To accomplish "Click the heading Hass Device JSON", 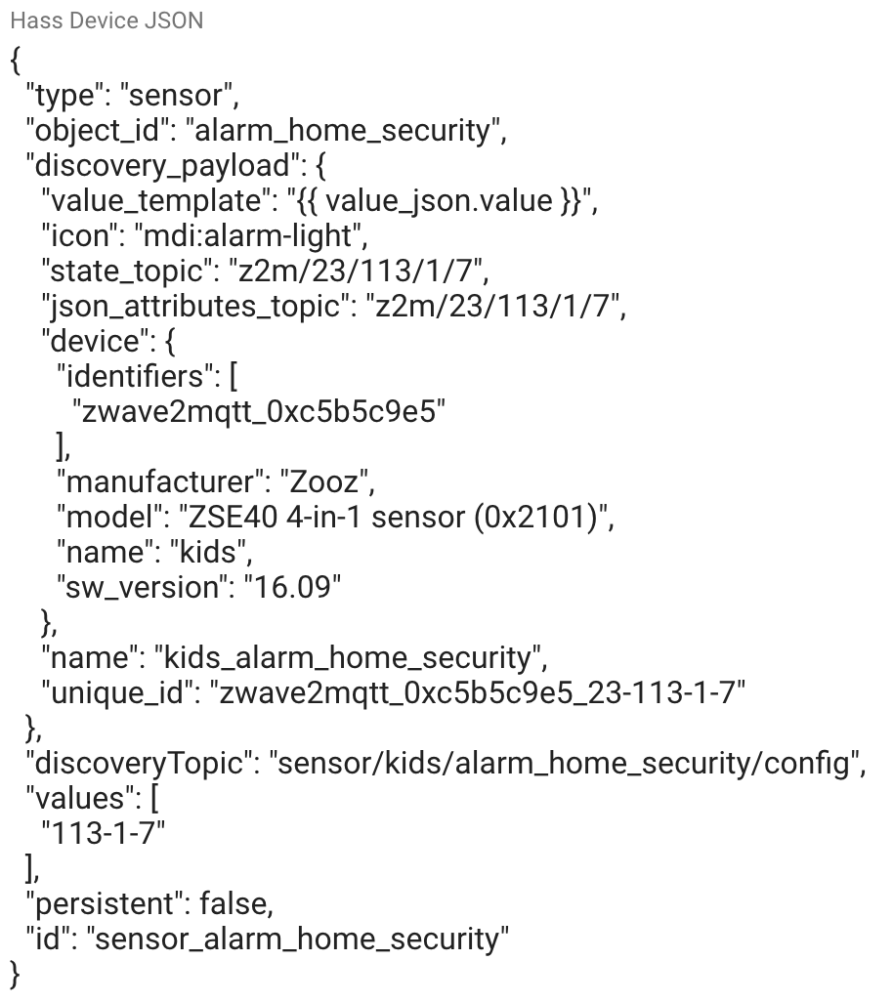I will coord(106,21).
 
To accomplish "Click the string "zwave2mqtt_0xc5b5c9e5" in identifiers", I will coord(258,412).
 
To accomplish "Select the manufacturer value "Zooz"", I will coord(326,482).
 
